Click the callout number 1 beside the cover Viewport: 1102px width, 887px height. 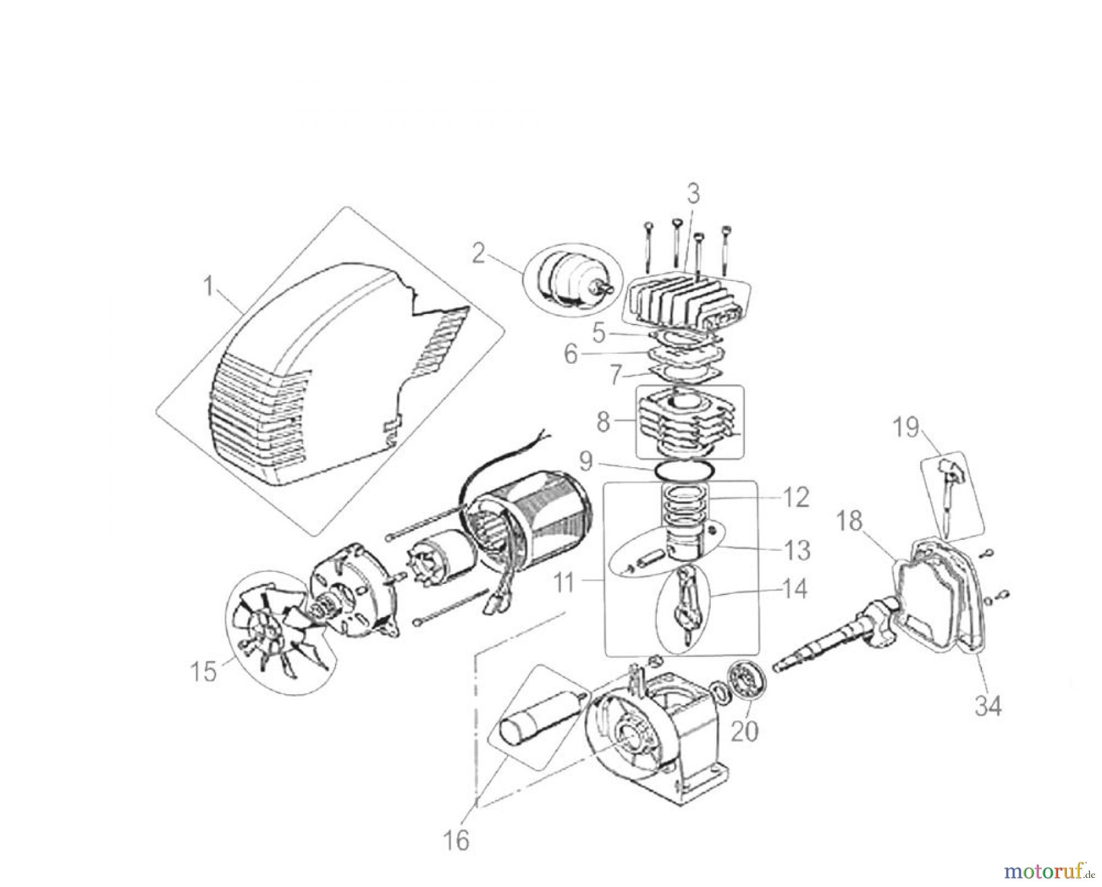209,286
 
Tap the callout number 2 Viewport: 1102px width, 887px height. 478,253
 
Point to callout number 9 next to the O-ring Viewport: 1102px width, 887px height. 586,462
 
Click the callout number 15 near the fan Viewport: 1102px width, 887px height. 203,672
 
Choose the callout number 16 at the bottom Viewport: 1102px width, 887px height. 457,840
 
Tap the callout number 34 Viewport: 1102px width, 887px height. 988,706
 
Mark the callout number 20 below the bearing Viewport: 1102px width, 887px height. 744,730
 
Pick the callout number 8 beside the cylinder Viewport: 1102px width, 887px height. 603,422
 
